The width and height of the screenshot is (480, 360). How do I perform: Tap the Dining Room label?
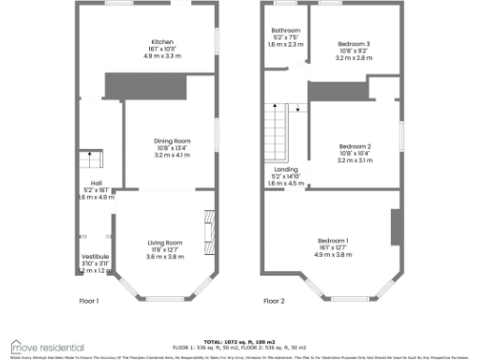click(x=172, y=141)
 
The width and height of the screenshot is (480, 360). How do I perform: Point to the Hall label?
click(x=96, y=183)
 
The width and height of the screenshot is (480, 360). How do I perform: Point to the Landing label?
click(x=281, y=169)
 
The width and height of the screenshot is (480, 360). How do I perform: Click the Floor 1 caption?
click(x=90, y=301)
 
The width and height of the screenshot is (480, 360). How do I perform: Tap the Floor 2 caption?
click(x=274, y=301)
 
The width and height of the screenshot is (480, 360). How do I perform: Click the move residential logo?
click(x=47, y=347)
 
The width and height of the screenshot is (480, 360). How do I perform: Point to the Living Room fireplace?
click(x=208, y=230)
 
